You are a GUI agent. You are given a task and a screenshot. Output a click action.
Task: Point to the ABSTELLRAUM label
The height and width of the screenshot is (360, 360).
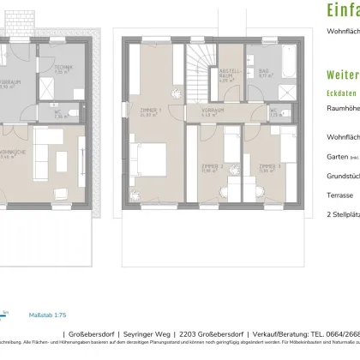[227, 72]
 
